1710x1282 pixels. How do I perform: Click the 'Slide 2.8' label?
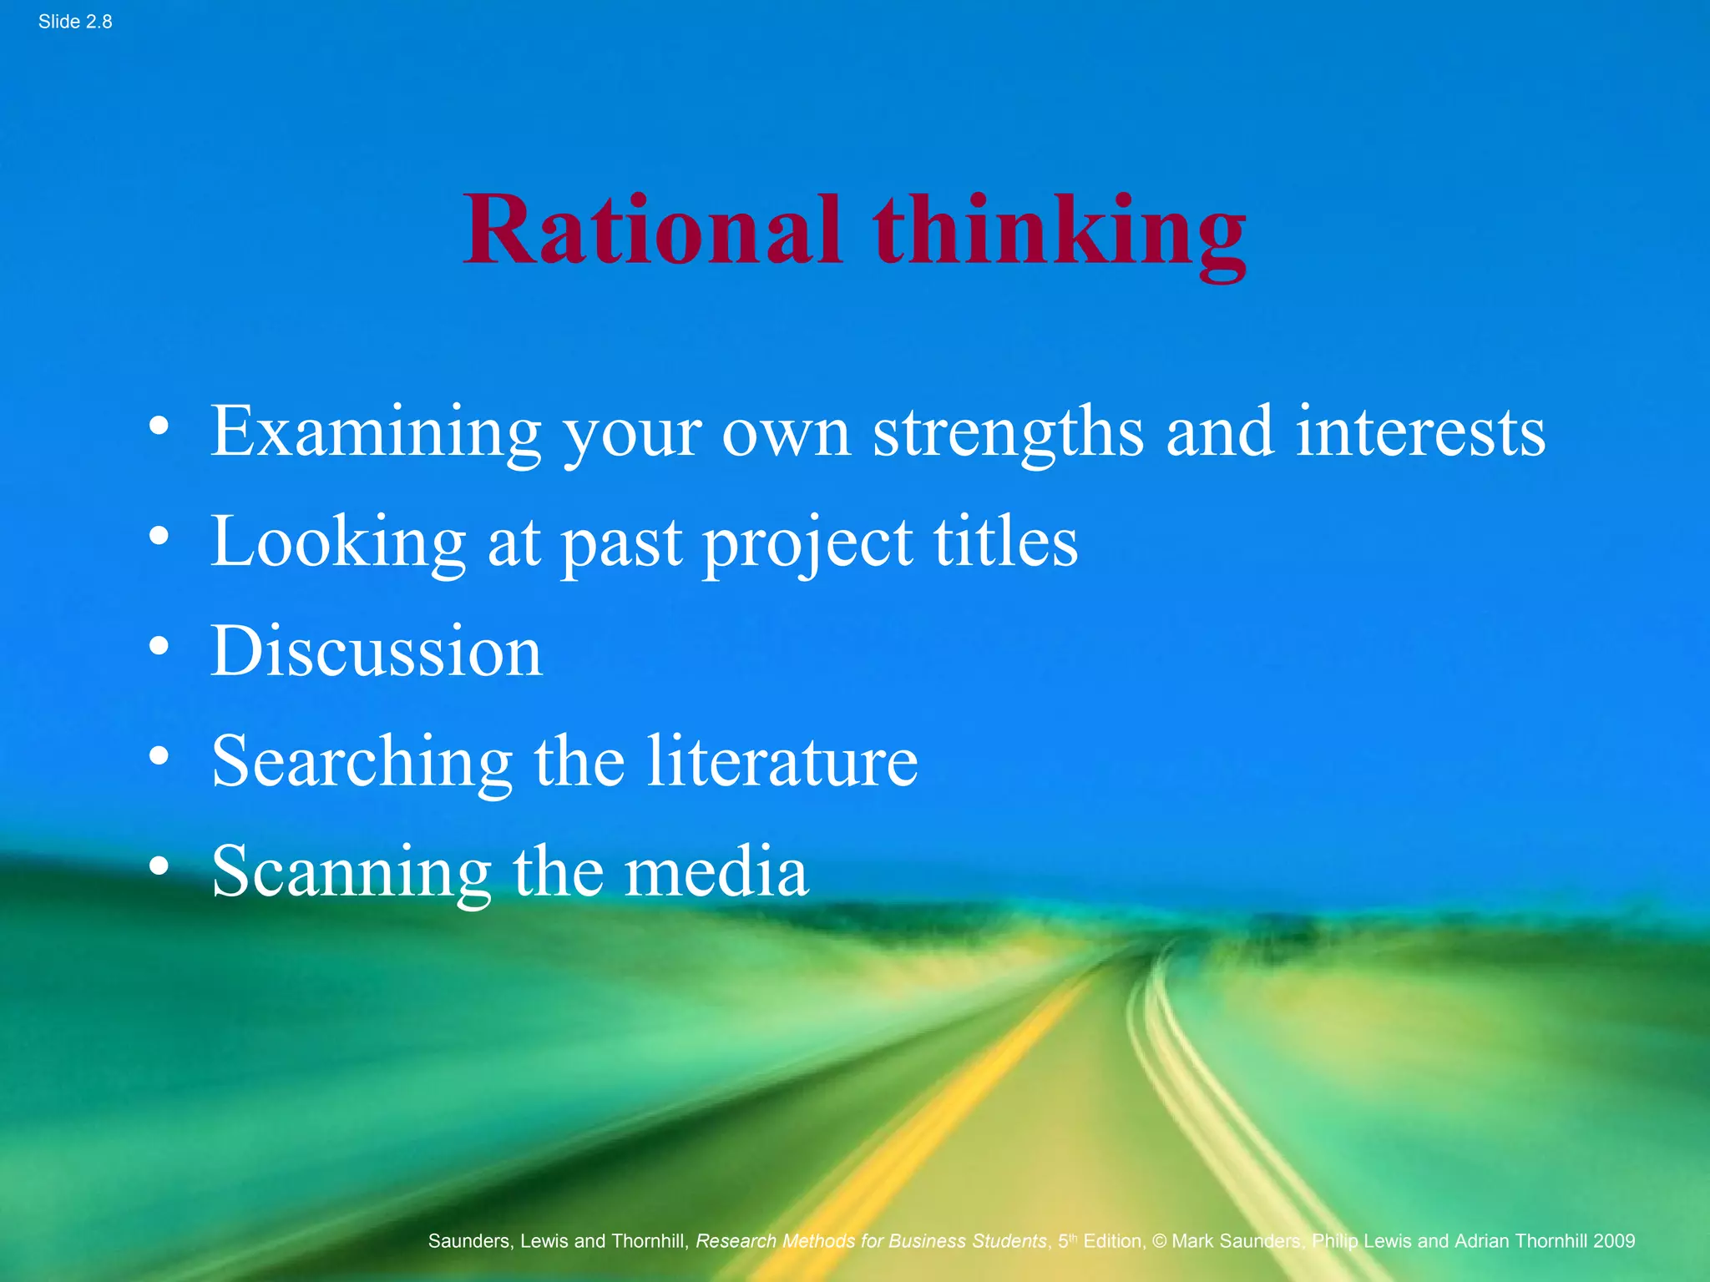point(75,22)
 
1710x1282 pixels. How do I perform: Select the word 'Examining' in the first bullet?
point(375,432)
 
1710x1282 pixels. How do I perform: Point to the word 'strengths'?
point(1008,432)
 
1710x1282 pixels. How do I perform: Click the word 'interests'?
point(1420,432)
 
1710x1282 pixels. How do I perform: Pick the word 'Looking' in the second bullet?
point(338,543)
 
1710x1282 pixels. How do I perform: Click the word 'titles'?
point(1005,543)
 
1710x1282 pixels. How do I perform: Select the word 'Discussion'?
point(377,652)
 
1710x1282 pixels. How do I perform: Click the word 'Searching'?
point(362,762)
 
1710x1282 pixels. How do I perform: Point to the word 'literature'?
point(782,762)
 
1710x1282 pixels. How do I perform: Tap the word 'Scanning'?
point(351,872)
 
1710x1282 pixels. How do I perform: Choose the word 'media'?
point(716,872)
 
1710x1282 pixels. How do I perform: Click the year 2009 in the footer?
point(1613,1241)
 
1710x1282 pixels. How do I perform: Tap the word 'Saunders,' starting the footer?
point(470,1242)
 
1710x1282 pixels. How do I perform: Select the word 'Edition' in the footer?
point(1113,1241)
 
